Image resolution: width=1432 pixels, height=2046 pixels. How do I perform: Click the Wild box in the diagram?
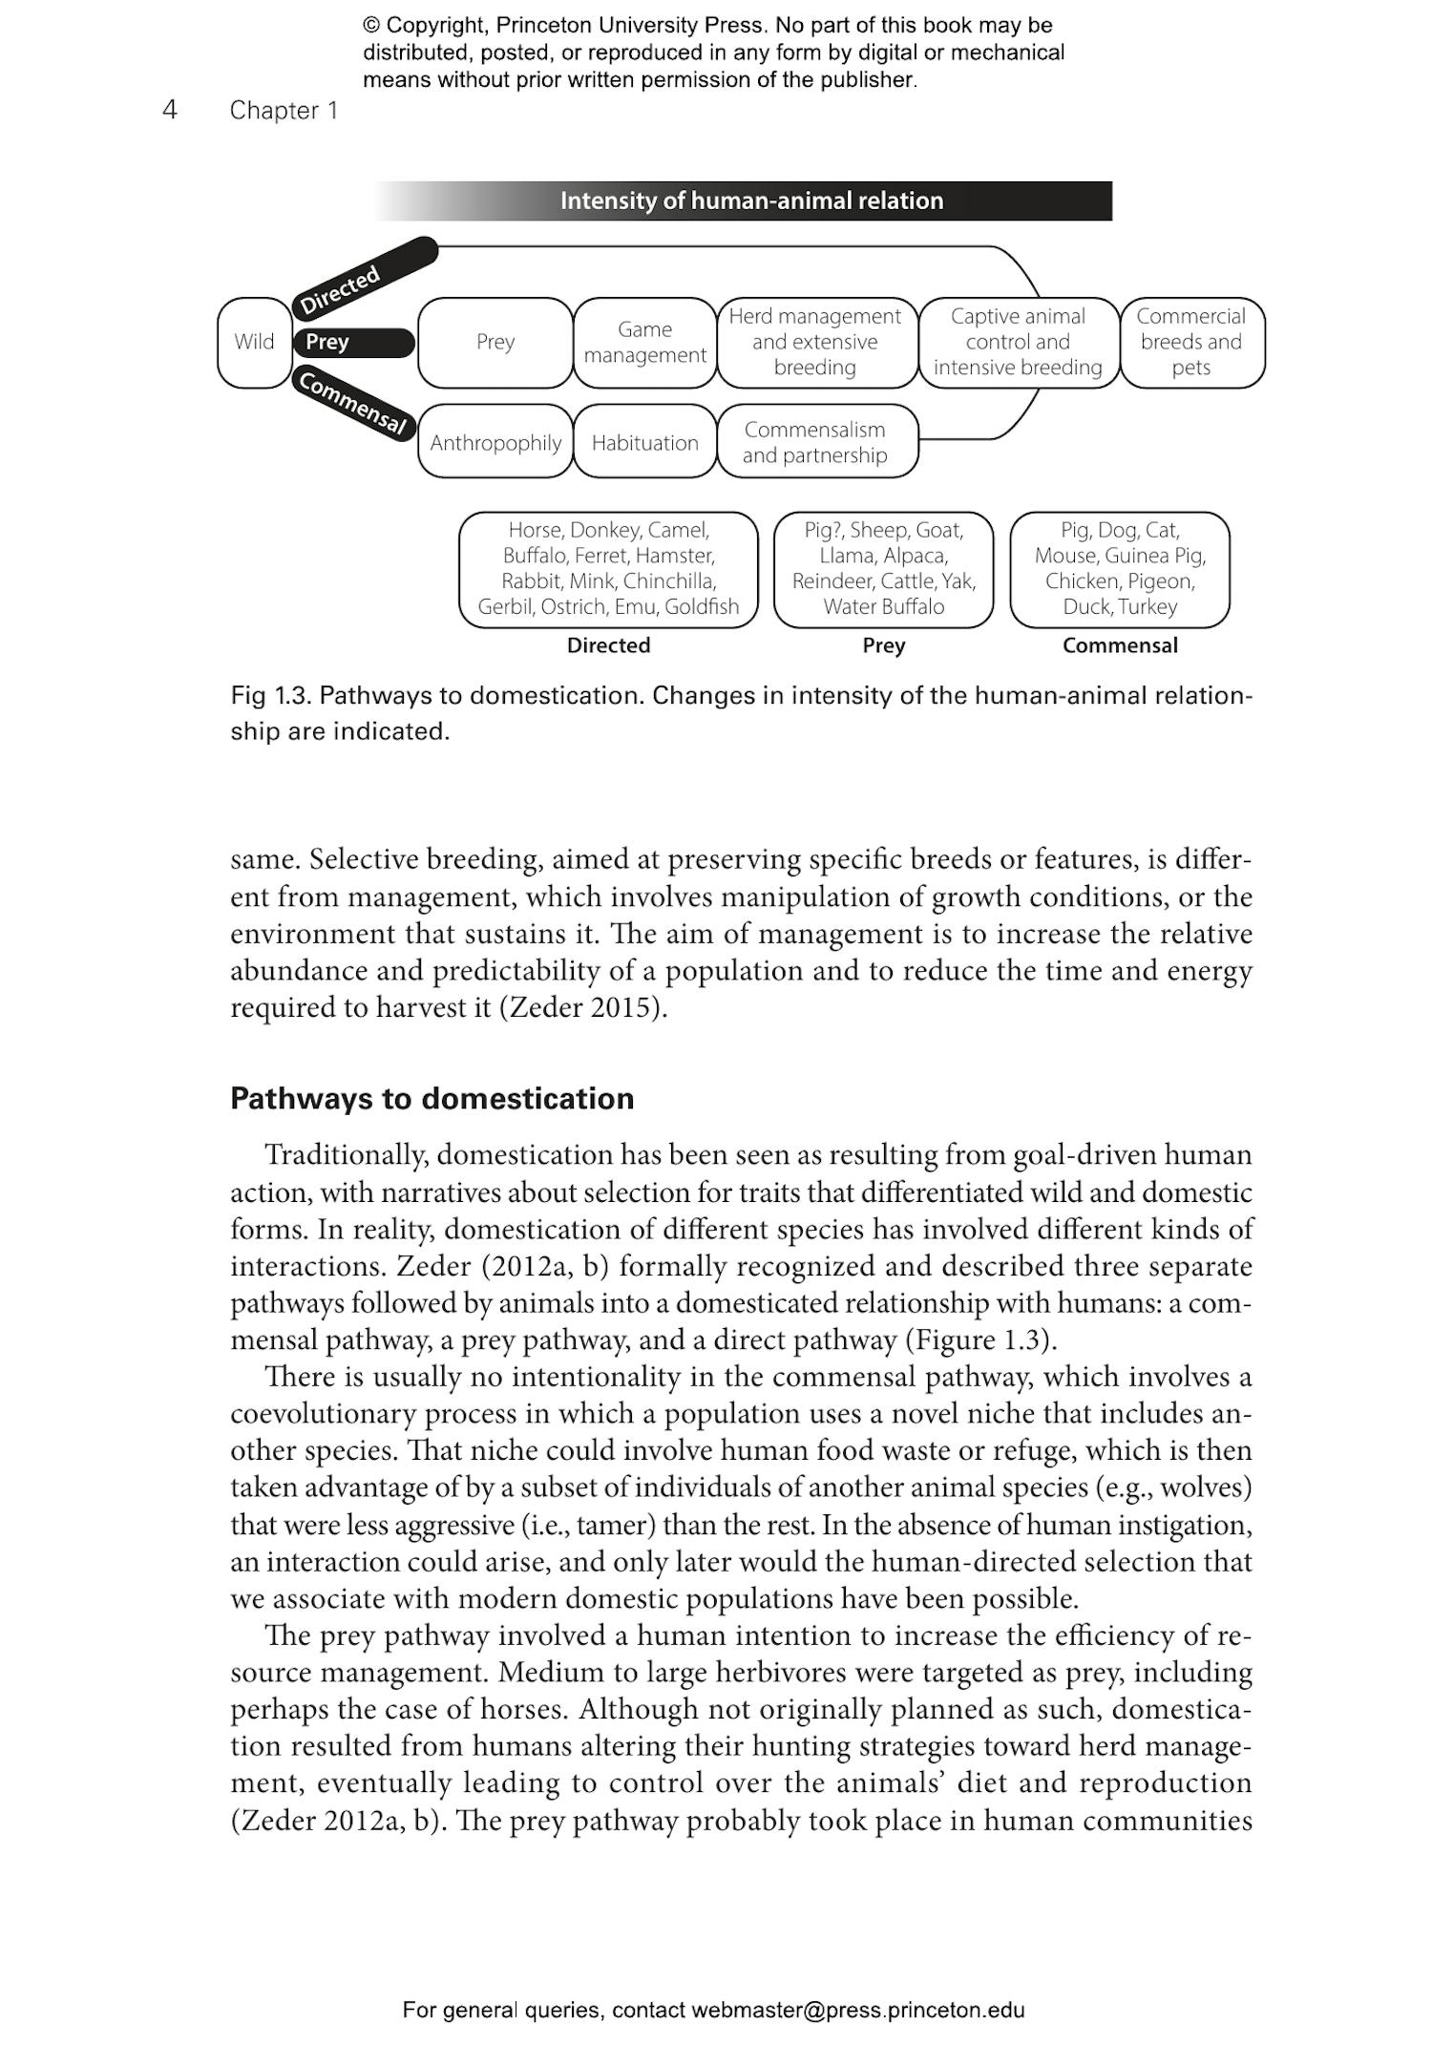click(254, 342)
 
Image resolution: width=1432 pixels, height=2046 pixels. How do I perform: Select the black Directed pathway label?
click(363, 277)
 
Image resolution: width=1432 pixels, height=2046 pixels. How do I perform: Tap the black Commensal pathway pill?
click(353, 403)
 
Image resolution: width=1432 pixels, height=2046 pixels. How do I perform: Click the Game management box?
click(644, 342)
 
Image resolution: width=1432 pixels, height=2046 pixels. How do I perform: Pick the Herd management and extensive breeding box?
click(815, 342)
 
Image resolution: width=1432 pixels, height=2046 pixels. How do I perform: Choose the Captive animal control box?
click(1018, 342)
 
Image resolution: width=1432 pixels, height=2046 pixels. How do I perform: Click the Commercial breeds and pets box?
click(1190, 342)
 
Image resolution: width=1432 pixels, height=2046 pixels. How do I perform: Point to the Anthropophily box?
click(495, 442)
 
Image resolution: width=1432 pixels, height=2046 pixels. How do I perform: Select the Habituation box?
click(644, 442)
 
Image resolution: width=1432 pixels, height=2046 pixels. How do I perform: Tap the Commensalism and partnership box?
click(815, 442)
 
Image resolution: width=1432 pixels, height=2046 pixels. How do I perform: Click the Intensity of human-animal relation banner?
click(751, 200)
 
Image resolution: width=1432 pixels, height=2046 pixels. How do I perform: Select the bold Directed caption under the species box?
click(608, 645)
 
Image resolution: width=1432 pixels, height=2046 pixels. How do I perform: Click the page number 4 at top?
click(170, 110)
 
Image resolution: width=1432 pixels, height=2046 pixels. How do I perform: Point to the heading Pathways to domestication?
click(432, 1099)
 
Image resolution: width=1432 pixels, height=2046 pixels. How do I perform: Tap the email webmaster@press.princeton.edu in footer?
click(857, 2011)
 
